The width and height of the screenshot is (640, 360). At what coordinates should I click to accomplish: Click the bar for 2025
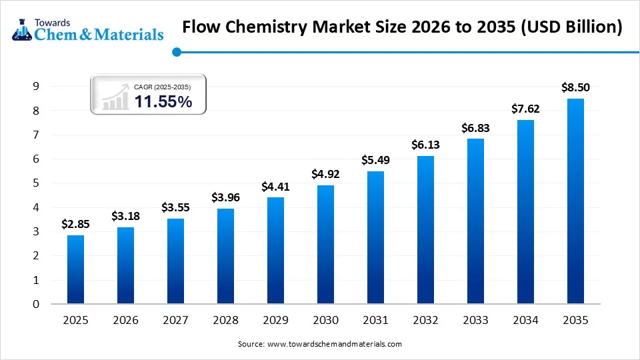point(75,269)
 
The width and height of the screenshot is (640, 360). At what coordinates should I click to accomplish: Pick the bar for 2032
point(425,229)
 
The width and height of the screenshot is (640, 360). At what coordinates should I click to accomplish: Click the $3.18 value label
point(125,216)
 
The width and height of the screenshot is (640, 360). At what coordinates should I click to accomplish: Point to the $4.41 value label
point(275,186)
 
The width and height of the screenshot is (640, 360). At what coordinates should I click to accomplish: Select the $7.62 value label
point(525,109)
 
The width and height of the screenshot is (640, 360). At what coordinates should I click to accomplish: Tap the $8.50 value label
point(575,87)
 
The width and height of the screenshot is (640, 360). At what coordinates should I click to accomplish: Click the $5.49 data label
point(375,160)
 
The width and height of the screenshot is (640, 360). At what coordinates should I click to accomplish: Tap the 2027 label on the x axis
point(175,321)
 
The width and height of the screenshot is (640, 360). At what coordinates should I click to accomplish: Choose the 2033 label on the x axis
point(475,321)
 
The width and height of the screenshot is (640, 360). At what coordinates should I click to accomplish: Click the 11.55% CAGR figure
point(163,101)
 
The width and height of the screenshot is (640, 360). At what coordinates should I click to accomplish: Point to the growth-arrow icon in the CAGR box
point(115,97)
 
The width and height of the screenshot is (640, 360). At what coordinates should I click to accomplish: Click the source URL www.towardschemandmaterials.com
point(335,344)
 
